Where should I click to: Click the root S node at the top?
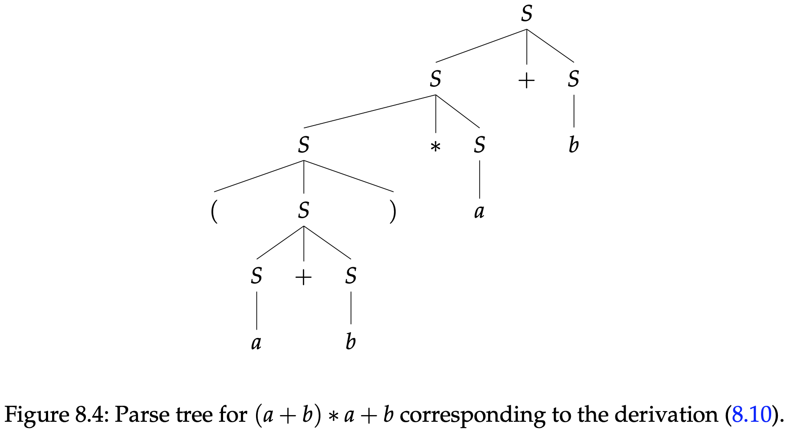tap(527, 14)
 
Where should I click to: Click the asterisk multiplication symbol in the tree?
tap(435, 147)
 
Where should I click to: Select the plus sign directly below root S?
tap(527, 81)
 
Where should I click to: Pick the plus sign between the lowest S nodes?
tap(303, 277)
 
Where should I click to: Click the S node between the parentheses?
tap(304, 210)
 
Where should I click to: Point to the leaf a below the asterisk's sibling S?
tap(479, 211)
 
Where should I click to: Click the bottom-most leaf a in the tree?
tap(256, 342)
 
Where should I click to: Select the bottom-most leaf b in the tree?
tap(351, 342)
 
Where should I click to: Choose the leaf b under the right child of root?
tap(573, 145)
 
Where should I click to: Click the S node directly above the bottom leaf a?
tap(256, 276)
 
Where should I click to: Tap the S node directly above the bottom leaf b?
tap(351, 276)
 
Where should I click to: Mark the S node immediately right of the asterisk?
tap(480, 145)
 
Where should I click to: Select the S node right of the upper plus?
tap(573, 79)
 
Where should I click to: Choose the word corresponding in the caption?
tap(472, 415)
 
